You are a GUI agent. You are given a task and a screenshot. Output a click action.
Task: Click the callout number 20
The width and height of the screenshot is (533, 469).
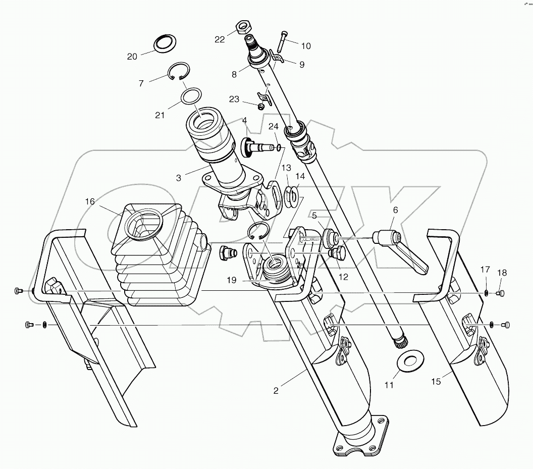tap(132, 57)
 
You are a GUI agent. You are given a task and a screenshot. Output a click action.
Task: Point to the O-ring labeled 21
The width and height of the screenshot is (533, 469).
tap(191, 96)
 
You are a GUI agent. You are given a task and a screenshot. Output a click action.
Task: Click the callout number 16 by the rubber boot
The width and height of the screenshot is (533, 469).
tap(90, 201)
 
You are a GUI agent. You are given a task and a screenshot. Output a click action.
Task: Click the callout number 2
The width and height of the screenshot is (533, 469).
tap(276, 390)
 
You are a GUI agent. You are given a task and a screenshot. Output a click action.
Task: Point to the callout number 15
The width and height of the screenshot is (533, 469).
tap(436, 382)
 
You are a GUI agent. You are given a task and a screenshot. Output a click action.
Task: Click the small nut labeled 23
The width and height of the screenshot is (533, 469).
tap(261, 107)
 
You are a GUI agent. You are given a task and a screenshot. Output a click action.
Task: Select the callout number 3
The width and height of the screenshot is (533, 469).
tap(178, 177)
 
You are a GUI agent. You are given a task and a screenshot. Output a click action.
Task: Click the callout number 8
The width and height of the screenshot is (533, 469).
tap(234, 74)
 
